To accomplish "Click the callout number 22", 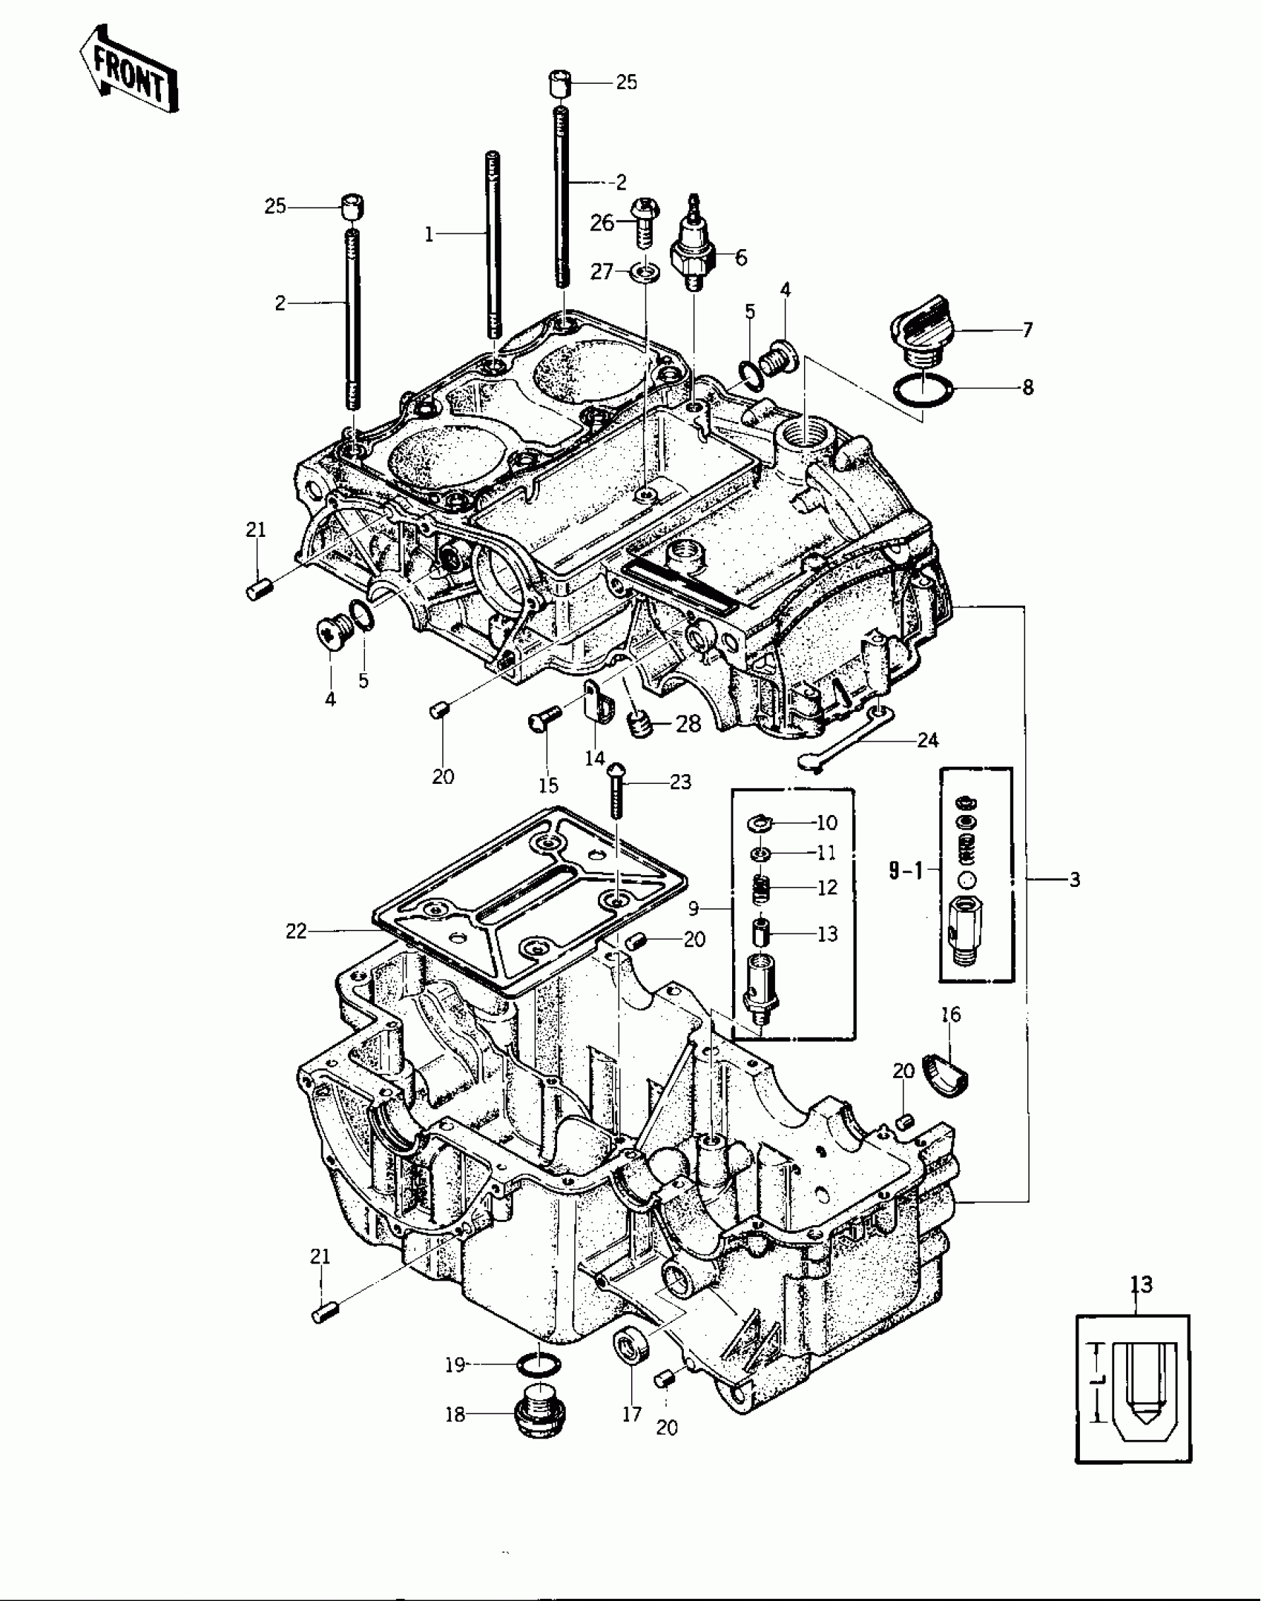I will click(296, 931).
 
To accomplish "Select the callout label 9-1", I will click(906, 871).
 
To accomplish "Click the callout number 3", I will click(1074, 880).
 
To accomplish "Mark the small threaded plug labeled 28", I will click(640, 723).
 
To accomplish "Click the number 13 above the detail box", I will click(1142, 1284).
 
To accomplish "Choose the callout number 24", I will click(928, 740).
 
